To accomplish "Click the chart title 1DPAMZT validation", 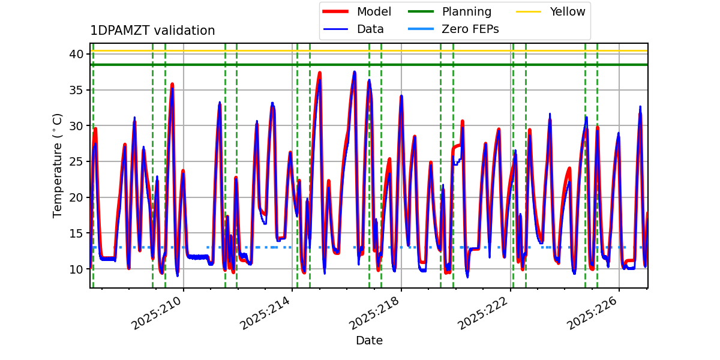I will [x=152, y=31].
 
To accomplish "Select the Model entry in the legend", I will [x=373, y=11].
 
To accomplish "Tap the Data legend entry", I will [x=370, y=29].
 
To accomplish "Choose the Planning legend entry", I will [x=466, y=11].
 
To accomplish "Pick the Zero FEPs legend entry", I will [x=470, y=29].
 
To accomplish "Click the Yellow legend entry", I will [x=567, y=11].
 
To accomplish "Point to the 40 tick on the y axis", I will [x=76, y=54].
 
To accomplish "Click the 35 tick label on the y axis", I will [x=76, y=90].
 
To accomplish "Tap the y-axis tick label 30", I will [x=76, y=126].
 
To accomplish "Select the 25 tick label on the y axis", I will [x=76, y=161].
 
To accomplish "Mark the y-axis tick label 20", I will [x=76, y=197].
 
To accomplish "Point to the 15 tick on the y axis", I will [x=76, y=233].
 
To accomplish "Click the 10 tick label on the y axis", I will [x=76, y=269].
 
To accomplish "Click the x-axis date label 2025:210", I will [x=158, y=313].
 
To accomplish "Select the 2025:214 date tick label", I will [x=266, y=313].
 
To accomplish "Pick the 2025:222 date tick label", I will [x=484, y=313].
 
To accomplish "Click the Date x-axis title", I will [x=369, y=341].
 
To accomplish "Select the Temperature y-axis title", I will [x=58, y=165].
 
